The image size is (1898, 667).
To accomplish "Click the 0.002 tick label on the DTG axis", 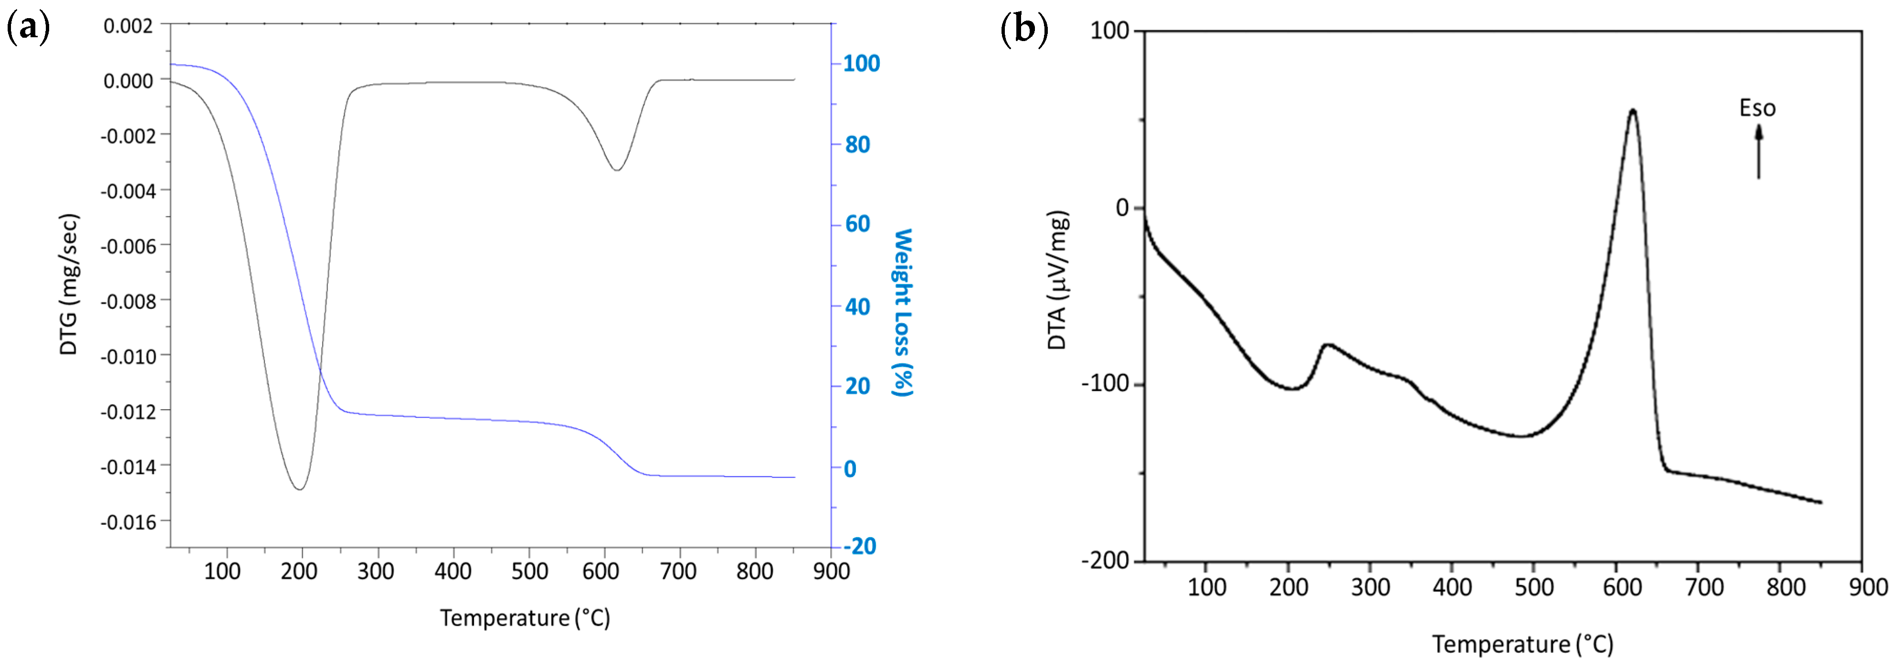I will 128,26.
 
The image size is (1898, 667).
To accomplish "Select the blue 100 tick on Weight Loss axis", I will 861,64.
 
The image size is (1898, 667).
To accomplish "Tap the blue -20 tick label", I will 859,546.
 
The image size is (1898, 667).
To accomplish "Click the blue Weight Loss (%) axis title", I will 903,312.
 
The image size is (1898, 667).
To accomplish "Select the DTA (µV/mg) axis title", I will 1057,280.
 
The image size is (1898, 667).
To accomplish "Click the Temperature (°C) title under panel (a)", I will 525,618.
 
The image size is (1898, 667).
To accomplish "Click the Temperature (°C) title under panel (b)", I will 1522,644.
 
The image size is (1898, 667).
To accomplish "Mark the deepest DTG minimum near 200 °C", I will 299,488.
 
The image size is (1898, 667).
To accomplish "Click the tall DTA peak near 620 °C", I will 1633,111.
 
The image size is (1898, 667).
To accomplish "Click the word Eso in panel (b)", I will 1757,108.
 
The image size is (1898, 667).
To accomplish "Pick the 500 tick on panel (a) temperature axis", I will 529,571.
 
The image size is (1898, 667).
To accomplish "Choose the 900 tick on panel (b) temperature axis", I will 1868,587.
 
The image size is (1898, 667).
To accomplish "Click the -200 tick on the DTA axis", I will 1105,561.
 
